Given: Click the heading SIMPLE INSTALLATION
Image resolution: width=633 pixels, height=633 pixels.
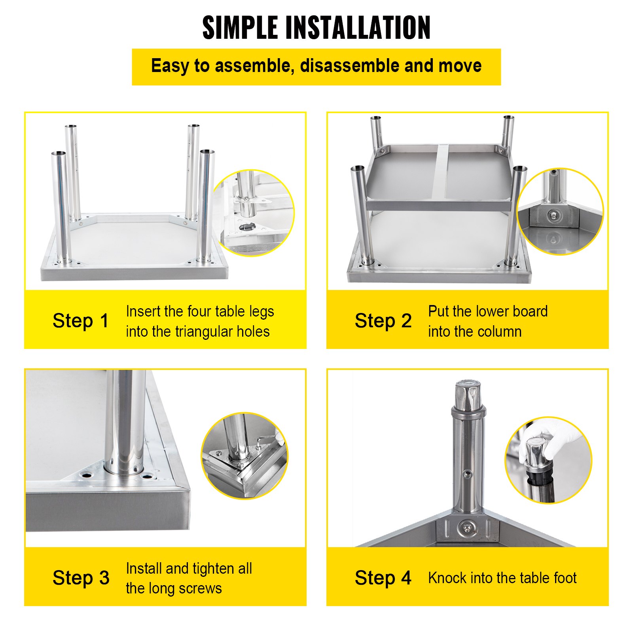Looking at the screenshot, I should coord(316,28).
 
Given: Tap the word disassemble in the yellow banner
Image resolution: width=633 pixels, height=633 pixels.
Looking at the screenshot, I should coord(349,66).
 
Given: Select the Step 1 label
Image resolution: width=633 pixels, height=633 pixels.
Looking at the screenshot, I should coord(80,320).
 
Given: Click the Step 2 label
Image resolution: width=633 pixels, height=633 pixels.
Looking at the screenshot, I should coord(383,320).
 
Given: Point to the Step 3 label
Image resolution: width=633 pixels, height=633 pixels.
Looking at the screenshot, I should coord(81,578).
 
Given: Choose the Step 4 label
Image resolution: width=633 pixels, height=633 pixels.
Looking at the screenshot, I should coord(383,578).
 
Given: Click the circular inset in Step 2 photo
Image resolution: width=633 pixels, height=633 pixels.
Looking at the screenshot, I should coord(560,212).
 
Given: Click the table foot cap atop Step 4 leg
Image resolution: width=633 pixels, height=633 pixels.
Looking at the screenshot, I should coord(468,396).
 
